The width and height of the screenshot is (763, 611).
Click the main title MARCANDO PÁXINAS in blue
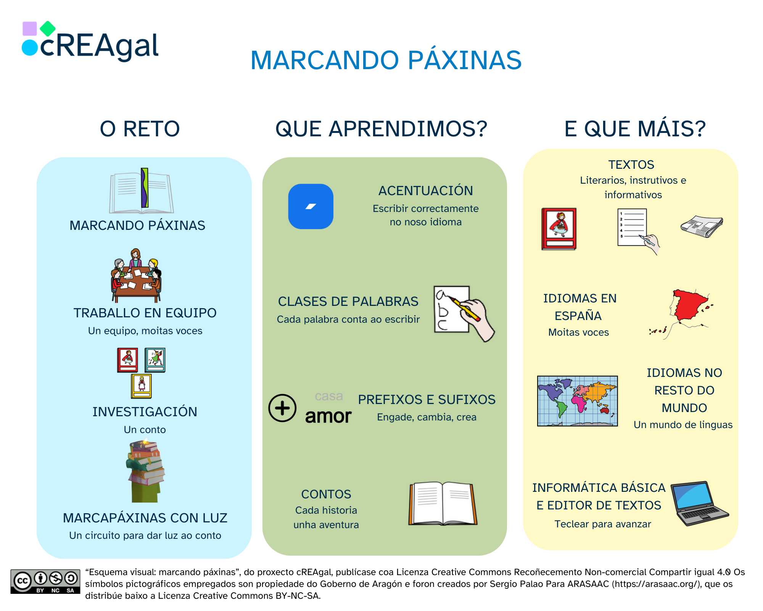click(x=386, y=60)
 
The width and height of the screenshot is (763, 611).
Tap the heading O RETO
click(x=140, y=129)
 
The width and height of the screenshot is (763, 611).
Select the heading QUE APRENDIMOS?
click(x=381, y=129)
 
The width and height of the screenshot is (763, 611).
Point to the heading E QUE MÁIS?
click(x=635, y=129)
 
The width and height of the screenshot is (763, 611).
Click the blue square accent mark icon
click(x=311, y=207)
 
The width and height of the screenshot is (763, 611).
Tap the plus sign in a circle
click(x=282, y=408)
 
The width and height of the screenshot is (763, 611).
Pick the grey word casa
click(x=329, y=396)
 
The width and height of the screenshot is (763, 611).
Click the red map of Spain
click(x=689, y=305)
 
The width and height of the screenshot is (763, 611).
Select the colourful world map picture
click(x=577, y=401)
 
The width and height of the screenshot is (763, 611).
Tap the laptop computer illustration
click(x=698, y=503)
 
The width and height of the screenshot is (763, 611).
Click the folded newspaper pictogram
click(x=702, y=227)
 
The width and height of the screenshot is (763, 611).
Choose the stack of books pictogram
click(x=146, y=471)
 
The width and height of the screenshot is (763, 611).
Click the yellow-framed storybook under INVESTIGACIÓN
click(x=141, y=386)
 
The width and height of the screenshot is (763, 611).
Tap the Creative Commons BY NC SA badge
click(x=45, y=582)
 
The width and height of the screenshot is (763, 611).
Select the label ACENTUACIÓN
click(x=425, y=191)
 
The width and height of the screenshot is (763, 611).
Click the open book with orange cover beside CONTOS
click(x=443, y=503)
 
